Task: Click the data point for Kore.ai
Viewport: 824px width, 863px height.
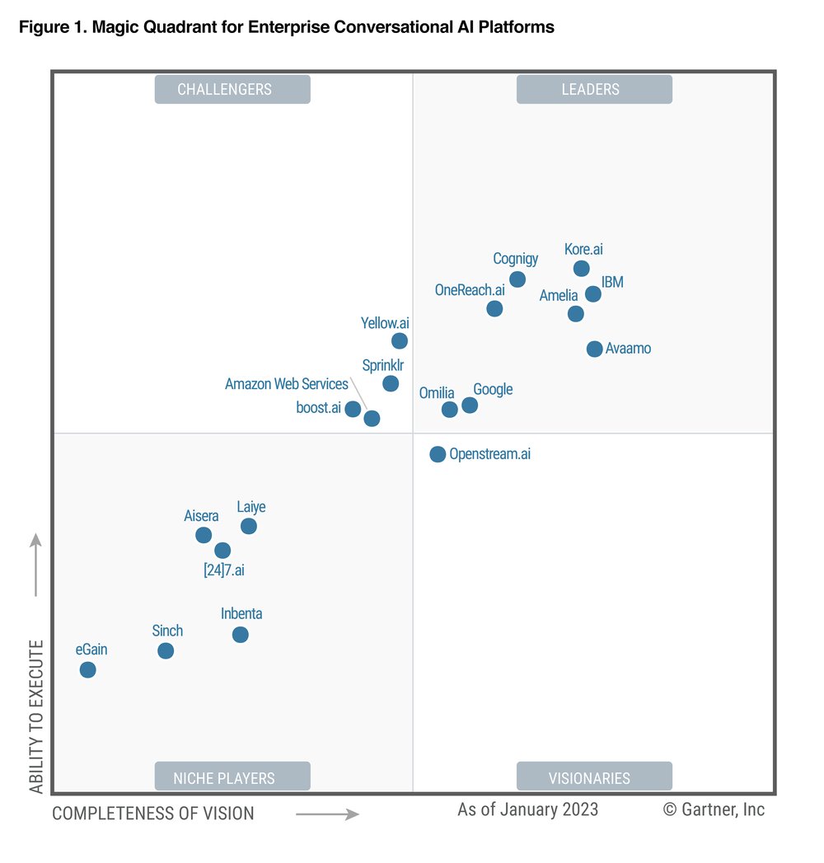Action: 581,268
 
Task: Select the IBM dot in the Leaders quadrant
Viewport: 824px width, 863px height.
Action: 592,293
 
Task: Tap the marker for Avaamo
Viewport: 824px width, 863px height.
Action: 594,349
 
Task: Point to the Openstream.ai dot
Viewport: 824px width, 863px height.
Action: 438,454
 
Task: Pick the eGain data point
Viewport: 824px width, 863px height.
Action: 87,669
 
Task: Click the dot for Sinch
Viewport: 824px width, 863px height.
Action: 166,650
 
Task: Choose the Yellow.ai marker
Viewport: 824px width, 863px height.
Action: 400,340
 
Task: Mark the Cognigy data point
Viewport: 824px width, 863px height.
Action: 517,279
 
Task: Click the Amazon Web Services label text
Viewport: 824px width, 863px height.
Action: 287,384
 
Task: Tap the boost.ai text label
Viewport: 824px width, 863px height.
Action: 319,407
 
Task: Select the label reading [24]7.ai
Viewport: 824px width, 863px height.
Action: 224,570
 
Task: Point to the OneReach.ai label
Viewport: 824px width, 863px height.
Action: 470,289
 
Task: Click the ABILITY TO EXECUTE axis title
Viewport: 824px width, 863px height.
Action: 36,716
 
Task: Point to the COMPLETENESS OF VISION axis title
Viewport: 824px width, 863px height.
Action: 153,814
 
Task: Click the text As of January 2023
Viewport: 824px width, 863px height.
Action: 528,809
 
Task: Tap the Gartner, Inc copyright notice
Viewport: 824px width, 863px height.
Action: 714,809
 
